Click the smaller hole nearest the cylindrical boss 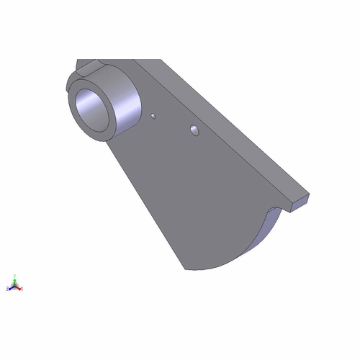pos(153,114)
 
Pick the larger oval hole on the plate pos(194,130)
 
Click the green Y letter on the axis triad pos(14,275)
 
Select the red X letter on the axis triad pos(22,289)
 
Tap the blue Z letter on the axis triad pos(7,288)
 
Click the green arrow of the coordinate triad pos(14,282)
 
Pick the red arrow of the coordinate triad pos(18,287)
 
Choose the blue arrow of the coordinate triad pos(11,287)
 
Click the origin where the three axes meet pos(14,287)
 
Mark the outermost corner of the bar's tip pos(310,194)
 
